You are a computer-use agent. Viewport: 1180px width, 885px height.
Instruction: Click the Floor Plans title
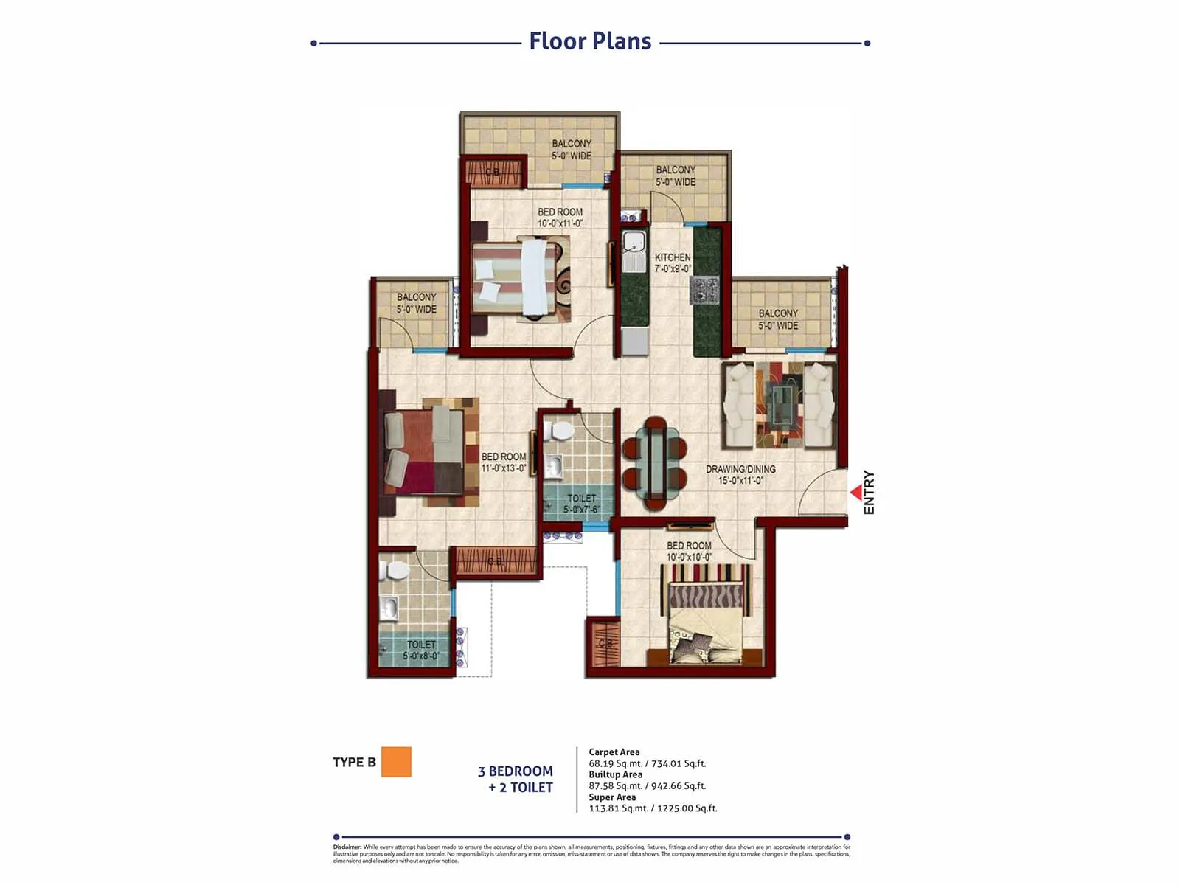point(590,41)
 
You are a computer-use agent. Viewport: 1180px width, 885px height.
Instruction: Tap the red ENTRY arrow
point(856,492)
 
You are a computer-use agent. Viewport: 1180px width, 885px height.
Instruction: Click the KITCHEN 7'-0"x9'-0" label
point(673,263)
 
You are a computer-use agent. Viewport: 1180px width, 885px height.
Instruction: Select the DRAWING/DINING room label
point(740,474)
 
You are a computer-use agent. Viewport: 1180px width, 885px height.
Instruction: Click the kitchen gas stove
point(705,289)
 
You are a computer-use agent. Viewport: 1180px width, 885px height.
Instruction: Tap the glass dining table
point(655,463)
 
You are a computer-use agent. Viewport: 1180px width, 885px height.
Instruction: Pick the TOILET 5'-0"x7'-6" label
point(581,504)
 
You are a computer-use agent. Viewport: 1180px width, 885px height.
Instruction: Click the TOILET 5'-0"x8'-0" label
point(421,650)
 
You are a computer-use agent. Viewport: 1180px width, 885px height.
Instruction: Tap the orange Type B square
point(396,762)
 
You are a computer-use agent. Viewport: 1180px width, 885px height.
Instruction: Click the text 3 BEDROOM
point(516,771)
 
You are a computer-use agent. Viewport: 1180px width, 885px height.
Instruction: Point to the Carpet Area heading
point(614,752)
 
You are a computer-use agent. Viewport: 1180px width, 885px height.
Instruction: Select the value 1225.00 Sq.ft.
point(684,808)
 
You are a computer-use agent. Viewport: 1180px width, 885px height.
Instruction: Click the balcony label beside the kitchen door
point(676,176)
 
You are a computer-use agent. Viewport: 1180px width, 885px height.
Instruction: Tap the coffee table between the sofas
point(779,405)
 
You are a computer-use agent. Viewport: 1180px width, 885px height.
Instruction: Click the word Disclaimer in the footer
point(347,847)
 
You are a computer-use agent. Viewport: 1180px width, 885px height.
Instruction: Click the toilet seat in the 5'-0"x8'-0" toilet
point(398,570)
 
